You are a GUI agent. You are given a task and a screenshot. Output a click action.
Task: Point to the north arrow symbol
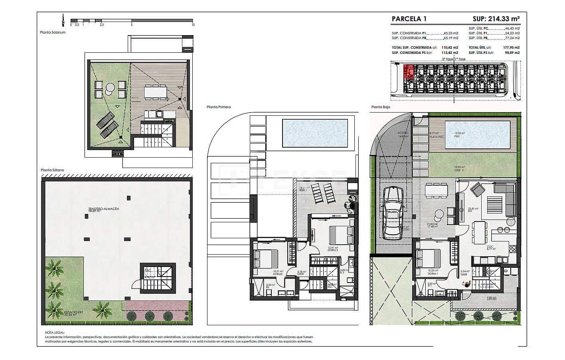63,20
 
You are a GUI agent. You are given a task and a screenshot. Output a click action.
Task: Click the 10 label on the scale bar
193,25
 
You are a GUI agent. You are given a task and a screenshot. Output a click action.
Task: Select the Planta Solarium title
53,32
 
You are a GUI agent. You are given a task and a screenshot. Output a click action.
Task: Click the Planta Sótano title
52,170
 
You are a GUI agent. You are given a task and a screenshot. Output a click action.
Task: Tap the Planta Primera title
219,107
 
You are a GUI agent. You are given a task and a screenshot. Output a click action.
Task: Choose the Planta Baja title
380,107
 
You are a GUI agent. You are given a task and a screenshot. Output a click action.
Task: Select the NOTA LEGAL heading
55,332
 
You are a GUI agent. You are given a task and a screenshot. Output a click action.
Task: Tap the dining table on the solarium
155,93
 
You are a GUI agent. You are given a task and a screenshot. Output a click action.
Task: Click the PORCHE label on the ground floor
433,224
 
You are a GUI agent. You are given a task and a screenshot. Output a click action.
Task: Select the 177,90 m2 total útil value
511,47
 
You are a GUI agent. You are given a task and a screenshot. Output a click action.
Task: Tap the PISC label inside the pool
456,136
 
